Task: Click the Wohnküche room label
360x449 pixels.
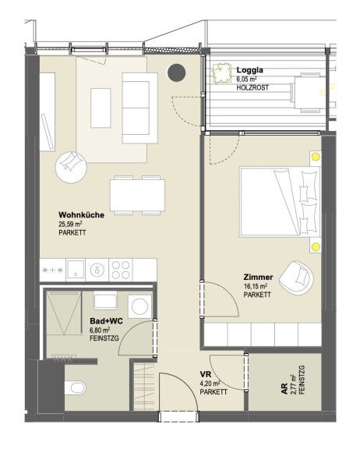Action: pyautogui.click(x=81, y=215)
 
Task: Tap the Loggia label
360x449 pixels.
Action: pyautogui.click(x=249, y=70)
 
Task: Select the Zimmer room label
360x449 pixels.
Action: pyautogui.click(x=258, y=278)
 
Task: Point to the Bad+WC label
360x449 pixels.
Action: pyautogui.click(x=106, y=321)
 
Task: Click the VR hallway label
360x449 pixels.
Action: pyautogui.click(x=206, y=374)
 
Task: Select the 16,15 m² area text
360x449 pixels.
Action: pyautogui.click(x=256, y=286)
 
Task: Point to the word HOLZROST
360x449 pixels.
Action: pyautogui.click(x=252, y=87)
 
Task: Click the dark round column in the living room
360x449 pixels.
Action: pyautogui.click(x=176, y=72)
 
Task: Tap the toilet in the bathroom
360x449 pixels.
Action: pyautogui.click(x=76, y=387)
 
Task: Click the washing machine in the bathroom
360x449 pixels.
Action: pyautogui.click(x=139, y=306)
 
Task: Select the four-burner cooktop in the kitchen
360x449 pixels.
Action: pyautogui.click(x=121, y=270)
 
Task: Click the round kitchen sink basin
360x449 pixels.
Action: pyautogui.click(x=97, y=270)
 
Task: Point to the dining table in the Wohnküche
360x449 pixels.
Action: pyautogui.click(x=137, y=196)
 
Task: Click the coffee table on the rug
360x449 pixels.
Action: pyautogui.click(x=101, y=108)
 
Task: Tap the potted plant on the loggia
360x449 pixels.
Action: pyautogui.click(x=222, y=72)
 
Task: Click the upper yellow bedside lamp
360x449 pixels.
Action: pyautogui.click(x=316, y=157)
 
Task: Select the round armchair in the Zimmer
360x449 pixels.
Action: pyautogui.click(x=296, y=278)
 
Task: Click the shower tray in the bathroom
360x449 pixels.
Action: pyautogui.click(x=64, y=313)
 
